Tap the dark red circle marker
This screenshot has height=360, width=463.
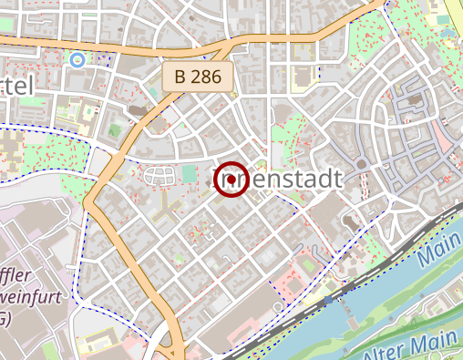[231, 179]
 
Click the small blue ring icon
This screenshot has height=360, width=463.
[77, 60]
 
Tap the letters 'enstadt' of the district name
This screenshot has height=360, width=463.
[295, 180]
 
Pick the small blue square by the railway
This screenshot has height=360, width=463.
[328, 300]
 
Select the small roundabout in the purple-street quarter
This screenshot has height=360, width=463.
[361, 165]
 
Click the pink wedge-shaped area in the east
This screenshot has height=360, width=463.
[441, 137]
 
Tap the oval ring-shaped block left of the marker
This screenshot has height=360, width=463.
[158, 175]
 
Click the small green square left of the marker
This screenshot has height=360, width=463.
[189, 173]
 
